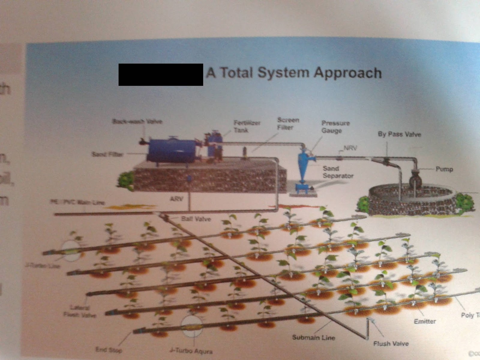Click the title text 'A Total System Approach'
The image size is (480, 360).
(294, 73)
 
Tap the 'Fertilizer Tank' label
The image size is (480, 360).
(247, 126)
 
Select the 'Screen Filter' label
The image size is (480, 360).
(288, 123)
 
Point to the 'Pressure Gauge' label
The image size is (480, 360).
(335, 127)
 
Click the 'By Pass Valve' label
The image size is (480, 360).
(399, 134)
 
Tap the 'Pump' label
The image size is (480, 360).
(444, 169)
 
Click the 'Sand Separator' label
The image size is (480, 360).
(338, 172)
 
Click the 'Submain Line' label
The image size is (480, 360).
(313, 337)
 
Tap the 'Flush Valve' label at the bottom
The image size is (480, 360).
(391, 343)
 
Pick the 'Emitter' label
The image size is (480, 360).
(425, 321)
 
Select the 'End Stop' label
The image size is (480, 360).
(109, 349)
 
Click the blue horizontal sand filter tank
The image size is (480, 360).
(169, 150)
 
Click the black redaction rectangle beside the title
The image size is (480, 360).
(161, 75)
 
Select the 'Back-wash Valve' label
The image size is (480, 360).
(137, 121)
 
